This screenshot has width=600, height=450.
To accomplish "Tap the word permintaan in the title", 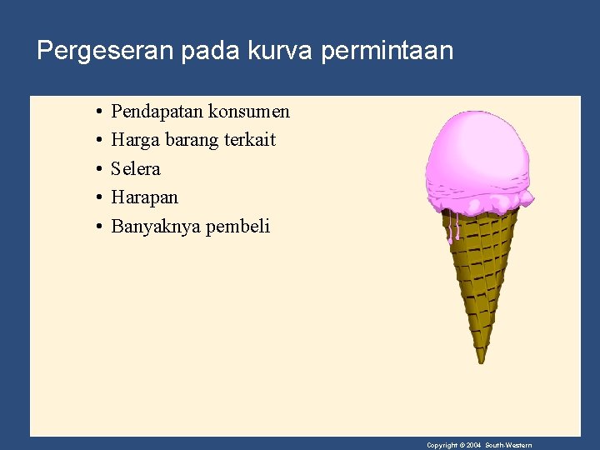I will point(387,51).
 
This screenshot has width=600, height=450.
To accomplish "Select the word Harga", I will point(135,140).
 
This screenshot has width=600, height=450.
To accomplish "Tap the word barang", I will point(192,140).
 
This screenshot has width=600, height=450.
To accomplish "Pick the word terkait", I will point(249,140).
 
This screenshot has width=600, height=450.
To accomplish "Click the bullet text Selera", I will point(136,169).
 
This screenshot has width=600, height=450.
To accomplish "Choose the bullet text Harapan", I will point(144,197).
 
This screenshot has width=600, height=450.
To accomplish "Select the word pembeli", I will point(237,227).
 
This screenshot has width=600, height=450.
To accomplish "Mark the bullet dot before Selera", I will point(98,169).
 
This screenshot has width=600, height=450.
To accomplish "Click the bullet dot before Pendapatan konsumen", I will point(98,112).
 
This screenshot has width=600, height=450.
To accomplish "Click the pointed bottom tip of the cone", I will point(481,359).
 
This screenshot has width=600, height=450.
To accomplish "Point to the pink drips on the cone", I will point(453,227).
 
